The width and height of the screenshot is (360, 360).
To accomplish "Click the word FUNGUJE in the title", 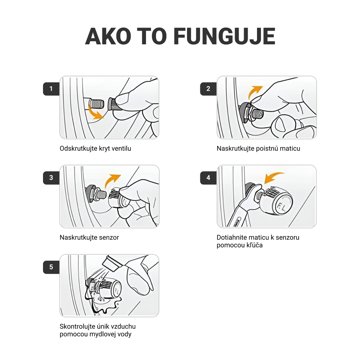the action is [x=224, y=36].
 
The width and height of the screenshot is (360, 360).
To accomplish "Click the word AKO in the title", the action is [x=108, y=36].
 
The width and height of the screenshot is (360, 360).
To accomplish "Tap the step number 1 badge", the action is [x=51, y=89].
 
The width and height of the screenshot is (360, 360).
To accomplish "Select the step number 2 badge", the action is [x=208, y=89].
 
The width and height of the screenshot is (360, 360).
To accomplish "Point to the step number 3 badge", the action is [x=51, y=178].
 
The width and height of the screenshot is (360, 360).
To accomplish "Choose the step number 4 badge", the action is [x=208, y=178].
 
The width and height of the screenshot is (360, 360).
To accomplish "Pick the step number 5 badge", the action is [x=51, y=267].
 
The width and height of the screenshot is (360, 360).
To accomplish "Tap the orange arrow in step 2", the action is [x=254, y=92].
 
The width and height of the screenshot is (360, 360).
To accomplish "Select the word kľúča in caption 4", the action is [x=255, y=245].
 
